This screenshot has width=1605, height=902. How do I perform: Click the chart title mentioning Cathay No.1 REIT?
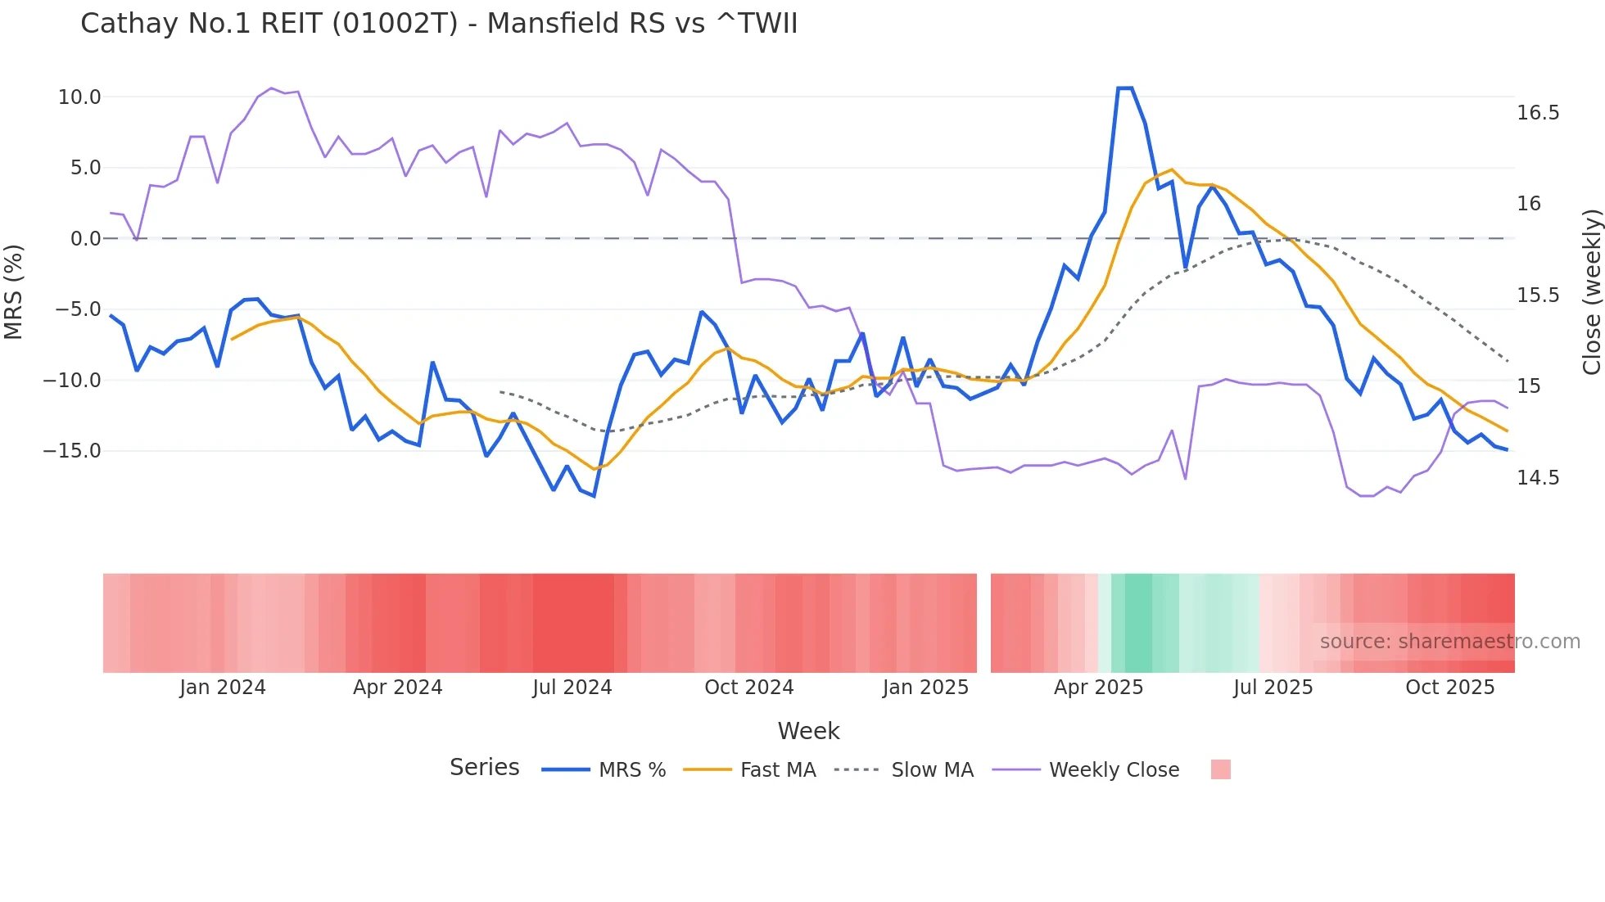click(439, 24)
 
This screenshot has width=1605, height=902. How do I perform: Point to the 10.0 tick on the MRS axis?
click(79, 97)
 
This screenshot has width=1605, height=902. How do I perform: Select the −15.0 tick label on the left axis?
click(73, 451)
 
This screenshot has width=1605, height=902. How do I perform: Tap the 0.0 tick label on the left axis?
click(85, 239)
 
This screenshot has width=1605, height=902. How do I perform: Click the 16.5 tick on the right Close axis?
click(1538, 113)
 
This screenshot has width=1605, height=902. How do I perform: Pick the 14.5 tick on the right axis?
click(1538, 478)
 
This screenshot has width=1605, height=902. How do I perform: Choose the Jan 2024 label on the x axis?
click(223, 688)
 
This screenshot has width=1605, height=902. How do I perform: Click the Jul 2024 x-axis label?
click(572, 688)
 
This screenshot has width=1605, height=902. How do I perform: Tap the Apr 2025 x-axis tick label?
click(1098, 688)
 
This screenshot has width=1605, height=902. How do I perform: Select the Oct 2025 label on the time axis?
click(1450, 688)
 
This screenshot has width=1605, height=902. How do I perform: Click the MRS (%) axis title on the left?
click(14, 292)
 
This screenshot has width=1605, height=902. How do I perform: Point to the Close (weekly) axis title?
click(1591, 292)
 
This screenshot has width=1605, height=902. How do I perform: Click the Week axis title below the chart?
click(808, 731)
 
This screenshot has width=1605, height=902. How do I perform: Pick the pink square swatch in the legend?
click(1220, 769)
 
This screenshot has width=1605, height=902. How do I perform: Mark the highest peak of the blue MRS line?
click(1125, 88)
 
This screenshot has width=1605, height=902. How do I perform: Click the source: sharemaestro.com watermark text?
click(1449, 642)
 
